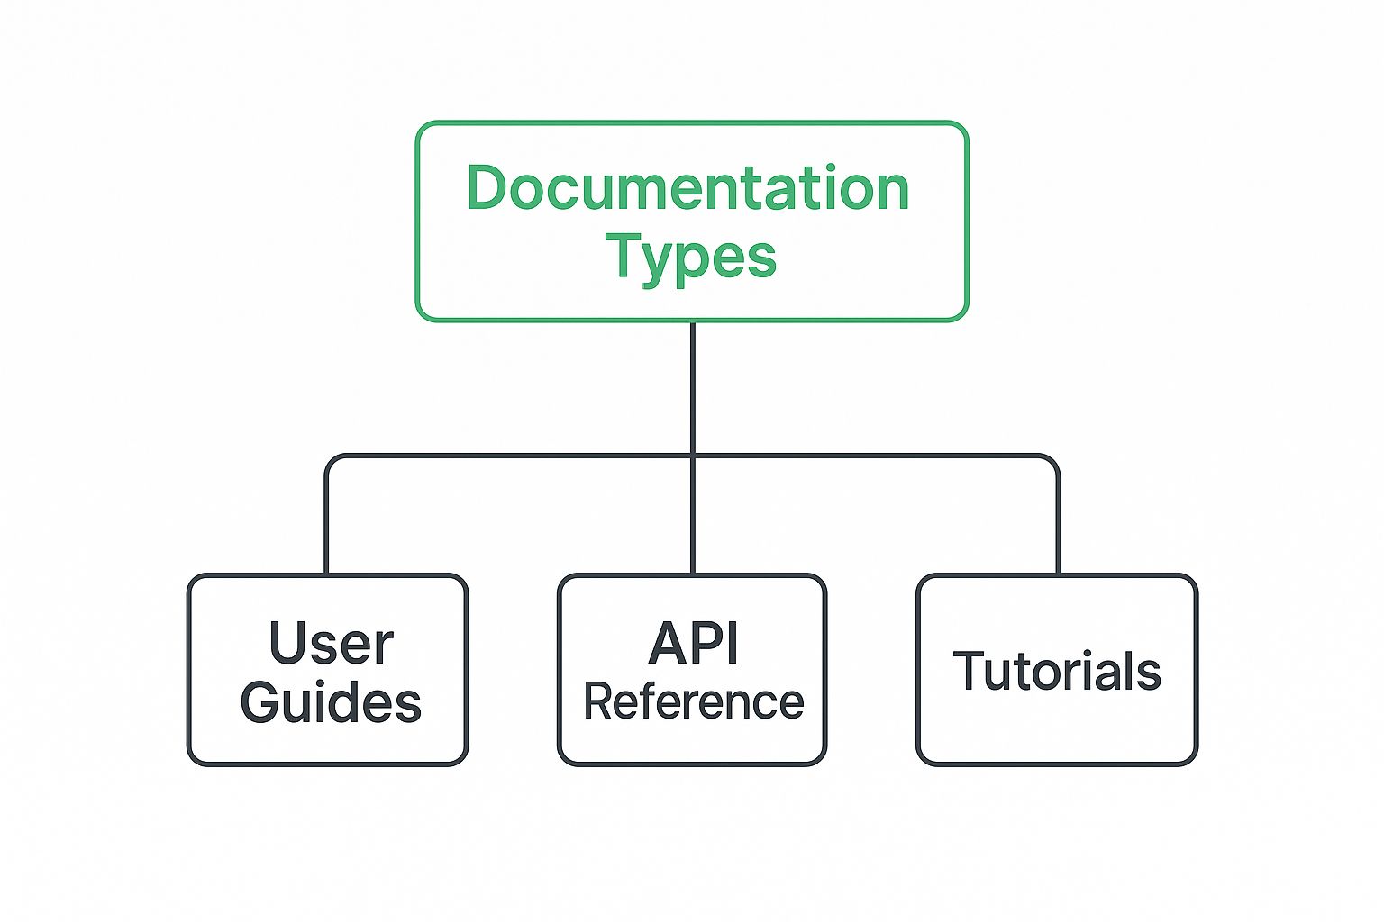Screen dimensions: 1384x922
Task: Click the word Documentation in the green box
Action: (x=687, y=187)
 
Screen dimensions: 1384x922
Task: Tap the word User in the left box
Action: (x=332, y=643)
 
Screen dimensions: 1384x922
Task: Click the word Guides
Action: (x=331, y=701)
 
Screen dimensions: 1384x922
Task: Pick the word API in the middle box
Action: (x=693, y=643)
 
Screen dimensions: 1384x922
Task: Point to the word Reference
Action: (x=694, y=701)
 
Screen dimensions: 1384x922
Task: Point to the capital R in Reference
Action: (x=598, y=701)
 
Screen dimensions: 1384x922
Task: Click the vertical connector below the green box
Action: (x=693, y=447)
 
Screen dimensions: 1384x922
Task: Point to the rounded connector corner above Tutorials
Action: (x=1052, y=462)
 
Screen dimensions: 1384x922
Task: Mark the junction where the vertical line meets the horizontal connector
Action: (x=693, y=456)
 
